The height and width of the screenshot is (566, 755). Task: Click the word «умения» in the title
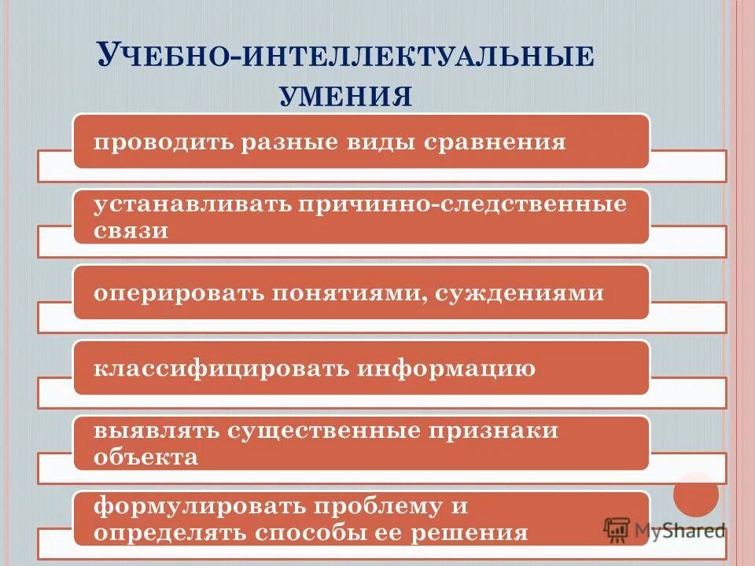point(346,96)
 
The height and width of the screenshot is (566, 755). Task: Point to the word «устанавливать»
point(191,204)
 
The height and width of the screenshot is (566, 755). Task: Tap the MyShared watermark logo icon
point(618,531)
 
